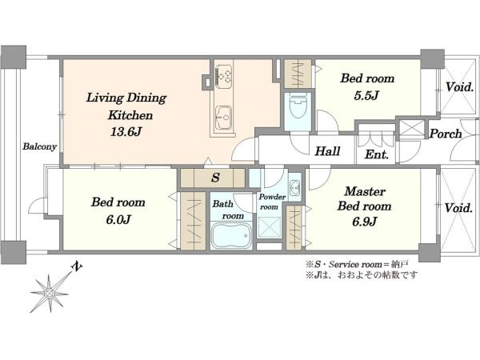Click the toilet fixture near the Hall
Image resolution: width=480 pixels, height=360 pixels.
[298, 107]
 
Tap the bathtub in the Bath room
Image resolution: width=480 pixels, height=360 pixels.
[231, 235]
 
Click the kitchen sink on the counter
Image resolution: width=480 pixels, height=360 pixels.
[223, 118]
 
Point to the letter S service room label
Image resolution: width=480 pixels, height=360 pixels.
[216, 178]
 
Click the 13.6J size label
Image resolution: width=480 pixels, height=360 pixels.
[126, 132]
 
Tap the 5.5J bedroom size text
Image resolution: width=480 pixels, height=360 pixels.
[366, 96]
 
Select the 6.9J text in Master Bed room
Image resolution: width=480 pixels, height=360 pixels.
[364, 222]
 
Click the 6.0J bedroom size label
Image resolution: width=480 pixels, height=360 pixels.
[118, 219]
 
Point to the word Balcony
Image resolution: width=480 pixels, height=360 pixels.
[39, 146]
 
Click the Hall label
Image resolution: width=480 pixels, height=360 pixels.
[327, 151]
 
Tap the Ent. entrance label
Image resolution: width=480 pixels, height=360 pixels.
[377, 154]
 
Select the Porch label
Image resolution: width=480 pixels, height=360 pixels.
[446, 134]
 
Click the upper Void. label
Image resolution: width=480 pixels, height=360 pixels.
[459, 87]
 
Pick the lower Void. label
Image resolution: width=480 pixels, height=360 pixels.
[458, 208]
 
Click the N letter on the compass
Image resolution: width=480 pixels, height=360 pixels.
[77, 266]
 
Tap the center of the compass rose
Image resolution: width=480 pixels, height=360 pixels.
[49, 294]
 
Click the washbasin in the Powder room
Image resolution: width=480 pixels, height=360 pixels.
[295, 186]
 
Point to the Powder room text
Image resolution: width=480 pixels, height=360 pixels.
[272, 202]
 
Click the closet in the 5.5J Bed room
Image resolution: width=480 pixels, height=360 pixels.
[298, 74]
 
